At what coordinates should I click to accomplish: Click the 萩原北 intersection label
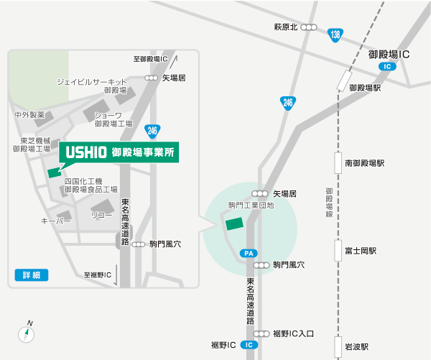click(286, 27)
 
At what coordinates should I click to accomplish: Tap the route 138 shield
click(335, 34)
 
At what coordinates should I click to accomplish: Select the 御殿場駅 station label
click(364, 88)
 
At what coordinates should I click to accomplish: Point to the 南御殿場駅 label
click(364, 163)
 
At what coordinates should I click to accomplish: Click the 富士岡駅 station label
click(361, 251)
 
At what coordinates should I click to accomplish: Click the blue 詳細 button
click(31, 274)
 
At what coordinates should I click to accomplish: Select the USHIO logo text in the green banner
click(85, 153)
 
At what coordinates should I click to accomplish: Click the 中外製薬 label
click(29, 115)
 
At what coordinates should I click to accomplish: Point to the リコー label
click(101, 215)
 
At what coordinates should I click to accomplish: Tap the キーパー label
click(56, 221)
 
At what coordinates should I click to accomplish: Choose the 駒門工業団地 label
click(251, 206)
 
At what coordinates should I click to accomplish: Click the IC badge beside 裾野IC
click(249, 345)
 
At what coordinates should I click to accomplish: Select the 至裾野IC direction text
click(98, 274)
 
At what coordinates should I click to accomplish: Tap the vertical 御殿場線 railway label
click(328, 203)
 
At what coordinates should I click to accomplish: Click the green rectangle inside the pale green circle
click(235, 223)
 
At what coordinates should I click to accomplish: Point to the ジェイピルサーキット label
click(91, 82)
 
